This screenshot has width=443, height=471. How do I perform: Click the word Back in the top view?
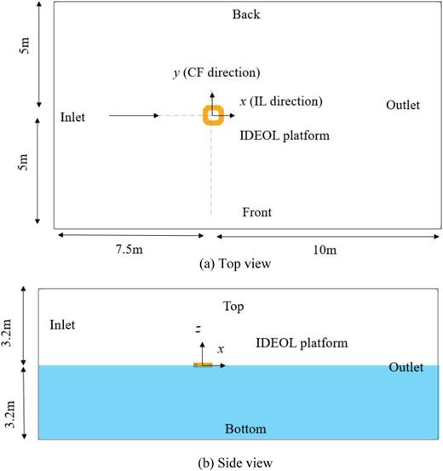click(x=246, y=14)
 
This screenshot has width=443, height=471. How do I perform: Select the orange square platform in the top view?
click(x=213, y=115)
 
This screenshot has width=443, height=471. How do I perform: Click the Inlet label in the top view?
click(x=74, y=115)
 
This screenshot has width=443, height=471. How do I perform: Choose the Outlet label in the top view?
click(x=402, y=105)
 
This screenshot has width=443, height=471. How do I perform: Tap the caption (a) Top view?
click(x=233, y=264)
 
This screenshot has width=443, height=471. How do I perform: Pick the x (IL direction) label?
click(x=280, y=101)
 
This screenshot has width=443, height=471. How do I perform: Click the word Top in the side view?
click(x=233, y=305)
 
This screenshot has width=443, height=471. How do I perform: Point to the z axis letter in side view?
click(x=197, y=328)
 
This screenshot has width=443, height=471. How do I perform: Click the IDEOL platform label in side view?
click(x=302, y=343)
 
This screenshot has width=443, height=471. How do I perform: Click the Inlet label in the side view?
click(x=63, y=325)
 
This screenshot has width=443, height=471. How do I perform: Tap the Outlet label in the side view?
click(x=406, y=367)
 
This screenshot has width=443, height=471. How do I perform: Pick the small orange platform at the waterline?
click(x=203, y=365)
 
